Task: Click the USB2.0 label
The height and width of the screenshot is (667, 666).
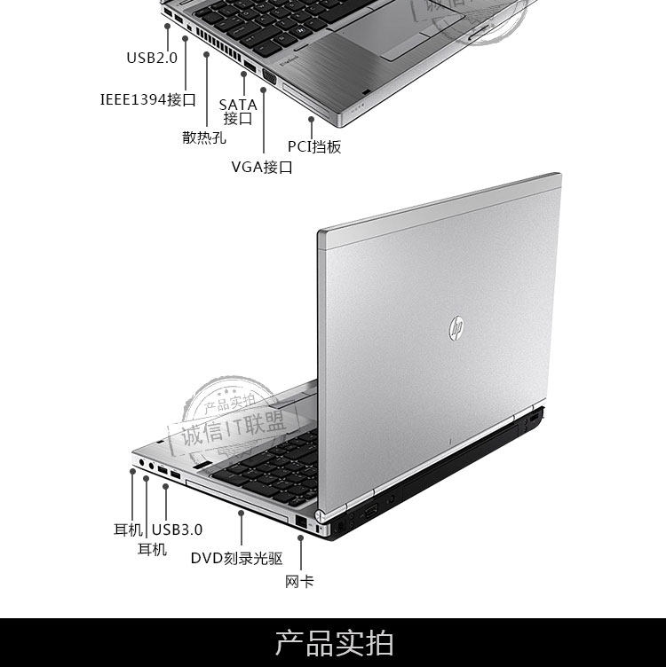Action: coord(152,59)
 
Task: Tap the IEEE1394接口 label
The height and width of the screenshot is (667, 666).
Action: coord(147,99)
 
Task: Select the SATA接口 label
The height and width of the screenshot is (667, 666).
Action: coord(238,112)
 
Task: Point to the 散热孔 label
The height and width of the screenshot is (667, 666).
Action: coord(204,137)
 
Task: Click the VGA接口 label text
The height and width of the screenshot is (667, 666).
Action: coord(262,167)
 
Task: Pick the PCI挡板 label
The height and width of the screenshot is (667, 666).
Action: coord(314,146)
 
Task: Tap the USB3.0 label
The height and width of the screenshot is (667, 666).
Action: coord(178,530)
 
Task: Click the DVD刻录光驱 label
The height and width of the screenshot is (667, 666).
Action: coord(237,558)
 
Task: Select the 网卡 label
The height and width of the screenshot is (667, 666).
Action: coord(299,582)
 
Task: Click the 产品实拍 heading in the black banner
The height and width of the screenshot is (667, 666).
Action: coord(334,642)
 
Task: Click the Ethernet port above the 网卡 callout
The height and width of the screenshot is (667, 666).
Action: coord(301,522)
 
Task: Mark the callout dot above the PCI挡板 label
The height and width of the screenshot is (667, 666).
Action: coord(311,117)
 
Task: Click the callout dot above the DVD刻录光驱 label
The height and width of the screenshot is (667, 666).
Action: coord(241,512)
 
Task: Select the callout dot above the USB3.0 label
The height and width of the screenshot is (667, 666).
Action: coord(165,485)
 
